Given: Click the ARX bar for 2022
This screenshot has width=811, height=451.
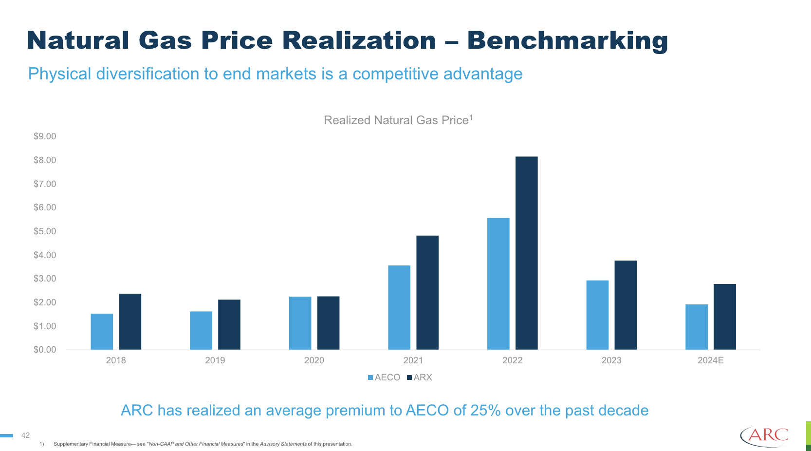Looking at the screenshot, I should pyautogui.click(x=526, y=253).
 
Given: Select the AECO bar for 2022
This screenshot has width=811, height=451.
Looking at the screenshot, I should pyautogui.click(x=498, y=284).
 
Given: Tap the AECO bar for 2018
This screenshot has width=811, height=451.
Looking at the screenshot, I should pyautogui.click(x=102, y=332).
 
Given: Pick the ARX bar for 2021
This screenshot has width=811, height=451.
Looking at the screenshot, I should pyautogui.click(x=427, y=293).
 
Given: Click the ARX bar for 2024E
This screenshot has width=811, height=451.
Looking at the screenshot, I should pyautogui.click(x=724, y=317).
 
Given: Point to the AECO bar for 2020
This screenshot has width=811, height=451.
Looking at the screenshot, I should pyautogui.click(x=300, y=323).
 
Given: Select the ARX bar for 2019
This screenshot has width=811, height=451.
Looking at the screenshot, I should pyautogui.click(x=229, y=324).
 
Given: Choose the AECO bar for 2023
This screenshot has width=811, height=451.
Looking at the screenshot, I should pyautogui.click(x=597, y=315).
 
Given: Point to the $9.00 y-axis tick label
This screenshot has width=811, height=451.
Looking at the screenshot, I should pyautogui.click(x=44, y=136).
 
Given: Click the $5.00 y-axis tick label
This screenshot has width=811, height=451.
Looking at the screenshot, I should pyautogui.click(x=44, y=231).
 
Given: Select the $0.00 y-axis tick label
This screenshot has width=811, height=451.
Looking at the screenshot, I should pyautogui.click(x=44, y=350).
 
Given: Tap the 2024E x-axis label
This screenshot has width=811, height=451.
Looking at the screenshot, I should pyautogui.click(x=710, y=360).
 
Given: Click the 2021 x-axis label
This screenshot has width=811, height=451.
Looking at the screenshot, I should pyautogui.click(x=413, y=360).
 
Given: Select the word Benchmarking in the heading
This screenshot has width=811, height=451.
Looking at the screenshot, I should pyautogui.click(x=567, y=41).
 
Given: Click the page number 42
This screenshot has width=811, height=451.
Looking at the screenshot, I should pyautogui.click(x=25, y=435).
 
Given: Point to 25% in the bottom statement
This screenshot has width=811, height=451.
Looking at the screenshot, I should pyautogui.click(x=485, y=411).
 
